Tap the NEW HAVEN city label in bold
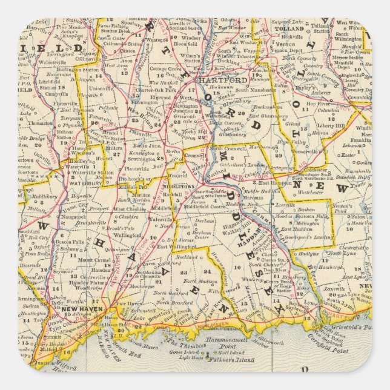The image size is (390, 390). pos(79,309)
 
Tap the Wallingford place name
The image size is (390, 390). pos(132,234)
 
